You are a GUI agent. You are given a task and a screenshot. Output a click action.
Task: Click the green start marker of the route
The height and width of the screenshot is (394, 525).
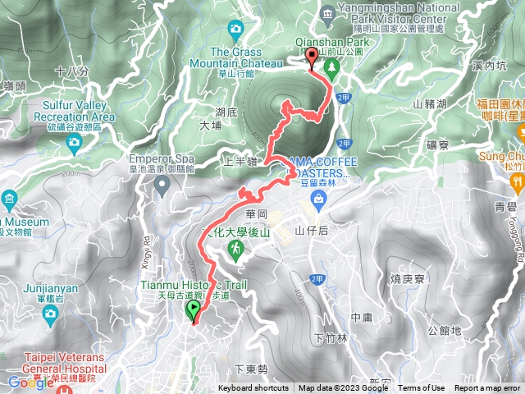(x=194, y=310)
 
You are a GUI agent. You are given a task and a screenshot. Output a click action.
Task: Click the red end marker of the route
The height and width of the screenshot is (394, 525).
(x=313, y=57)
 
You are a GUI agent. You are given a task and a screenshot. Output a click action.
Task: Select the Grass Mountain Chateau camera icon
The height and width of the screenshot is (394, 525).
(x=236, y=30)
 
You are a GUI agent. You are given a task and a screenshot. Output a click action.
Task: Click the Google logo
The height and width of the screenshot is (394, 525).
(x=30, y=382)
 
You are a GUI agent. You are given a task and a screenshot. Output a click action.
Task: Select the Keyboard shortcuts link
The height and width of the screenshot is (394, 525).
(x=253, y=388)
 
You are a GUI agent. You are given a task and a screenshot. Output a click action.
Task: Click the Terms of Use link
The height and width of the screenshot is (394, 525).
(x=422, y=388)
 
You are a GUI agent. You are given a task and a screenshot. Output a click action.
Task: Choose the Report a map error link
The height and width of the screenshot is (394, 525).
(x=487, y=388)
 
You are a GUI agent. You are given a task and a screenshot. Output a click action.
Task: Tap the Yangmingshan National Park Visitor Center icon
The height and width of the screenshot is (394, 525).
(x=328, y=14)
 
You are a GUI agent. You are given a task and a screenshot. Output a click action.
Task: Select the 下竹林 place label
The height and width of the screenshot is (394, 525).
(x=328, y=338)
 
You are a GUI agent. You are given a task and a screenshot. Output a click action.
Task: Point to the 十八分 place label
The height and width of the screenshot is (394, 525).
(x=71, y=71)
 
